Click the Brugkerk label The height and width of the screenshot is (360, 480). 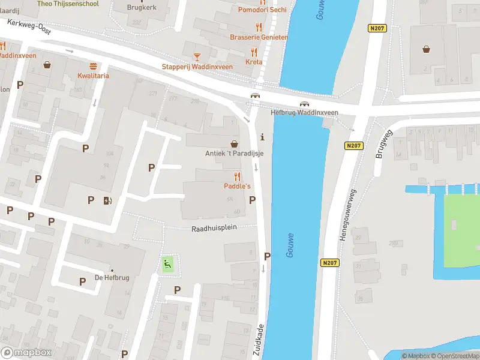tap(141, 8)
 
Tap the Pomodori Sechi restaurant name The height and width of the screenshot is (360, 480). tap(262, 10)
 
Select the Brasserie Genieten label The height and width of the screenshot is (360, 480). tap(259, 37)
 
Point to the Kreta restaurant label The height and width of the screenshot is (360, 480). tap(254, 62)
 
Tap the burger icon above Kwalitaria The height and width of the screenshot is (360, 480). tap(93, 66)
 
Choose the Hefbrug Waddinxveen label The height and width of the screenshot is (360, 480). tap(304, 112)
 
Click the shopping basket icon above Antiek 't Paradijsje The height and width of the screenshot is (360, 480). tap(234, 144)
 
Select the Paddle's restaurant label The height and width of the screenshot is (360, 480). tap(238, 187)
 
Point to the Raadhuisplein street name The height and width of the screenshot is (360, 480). tap(215, 229)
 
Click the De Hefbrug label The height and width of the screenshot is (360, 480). tap(112, 277)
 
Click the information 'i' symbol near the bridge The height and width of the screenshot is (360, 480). tap(262, 138)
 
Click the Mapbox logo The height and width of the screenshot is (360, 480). tap(26, 353)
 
